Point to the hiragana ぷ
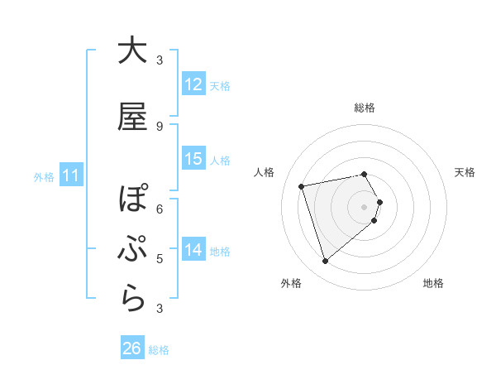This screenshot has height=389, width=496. [x=132, y=250]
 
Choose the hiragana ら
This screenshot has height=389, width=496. [x=132, y=300]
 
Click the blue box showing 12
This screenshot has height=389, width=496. [x=193, y=84]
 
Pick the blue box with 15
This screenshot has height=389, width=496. [x=193, y=159]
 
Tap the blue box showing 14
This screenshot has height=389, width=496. [x=193, y=250]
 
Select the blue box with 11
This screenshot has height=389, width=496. [x=71, y=175]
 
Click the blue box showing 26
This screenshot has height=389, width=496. [x=132, y=349]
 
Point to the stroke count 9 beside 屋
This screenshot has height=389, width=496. [x=160, y=127]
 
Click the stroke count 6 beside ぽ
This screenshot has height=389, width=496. [x=160, y=209]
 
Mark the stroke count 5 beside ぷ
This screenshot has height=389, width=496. [x=160, y=259]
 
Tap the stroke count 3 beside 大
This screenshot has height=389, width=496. [x=160, y=60]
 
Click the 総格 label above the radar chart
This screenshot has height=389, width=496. [x=364, y=108]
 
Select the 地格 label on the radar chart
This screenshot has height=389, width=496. [x=433, y=283]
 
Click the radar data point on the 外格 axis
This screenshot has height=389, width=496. [x=325, y=262]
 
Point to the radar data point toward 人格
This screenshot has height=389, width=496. [x=302, y=185]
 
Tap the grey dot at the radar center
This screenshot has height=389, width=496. [x=364, y=206]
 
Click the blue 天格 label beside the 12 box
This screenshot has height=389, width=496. [x=220, y=85]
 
